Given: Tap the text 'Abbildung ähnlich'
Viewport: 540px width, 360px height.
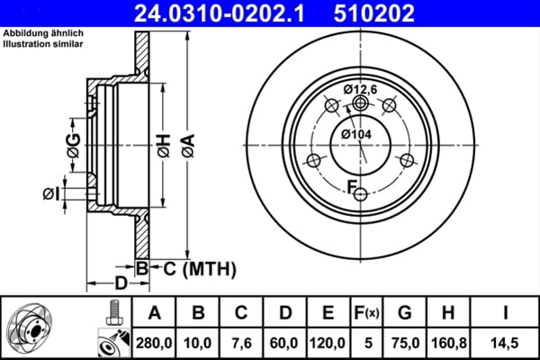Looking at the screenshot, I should [42, 34].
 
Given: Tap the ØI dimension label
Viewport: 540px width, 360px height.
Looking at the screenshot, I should [50, 193].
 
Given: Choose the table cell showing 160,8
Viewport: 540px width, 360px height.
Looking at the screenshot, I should [447, 342].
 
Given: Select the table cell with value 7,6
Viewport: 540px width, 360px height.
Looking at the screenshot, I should [239, 342].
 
